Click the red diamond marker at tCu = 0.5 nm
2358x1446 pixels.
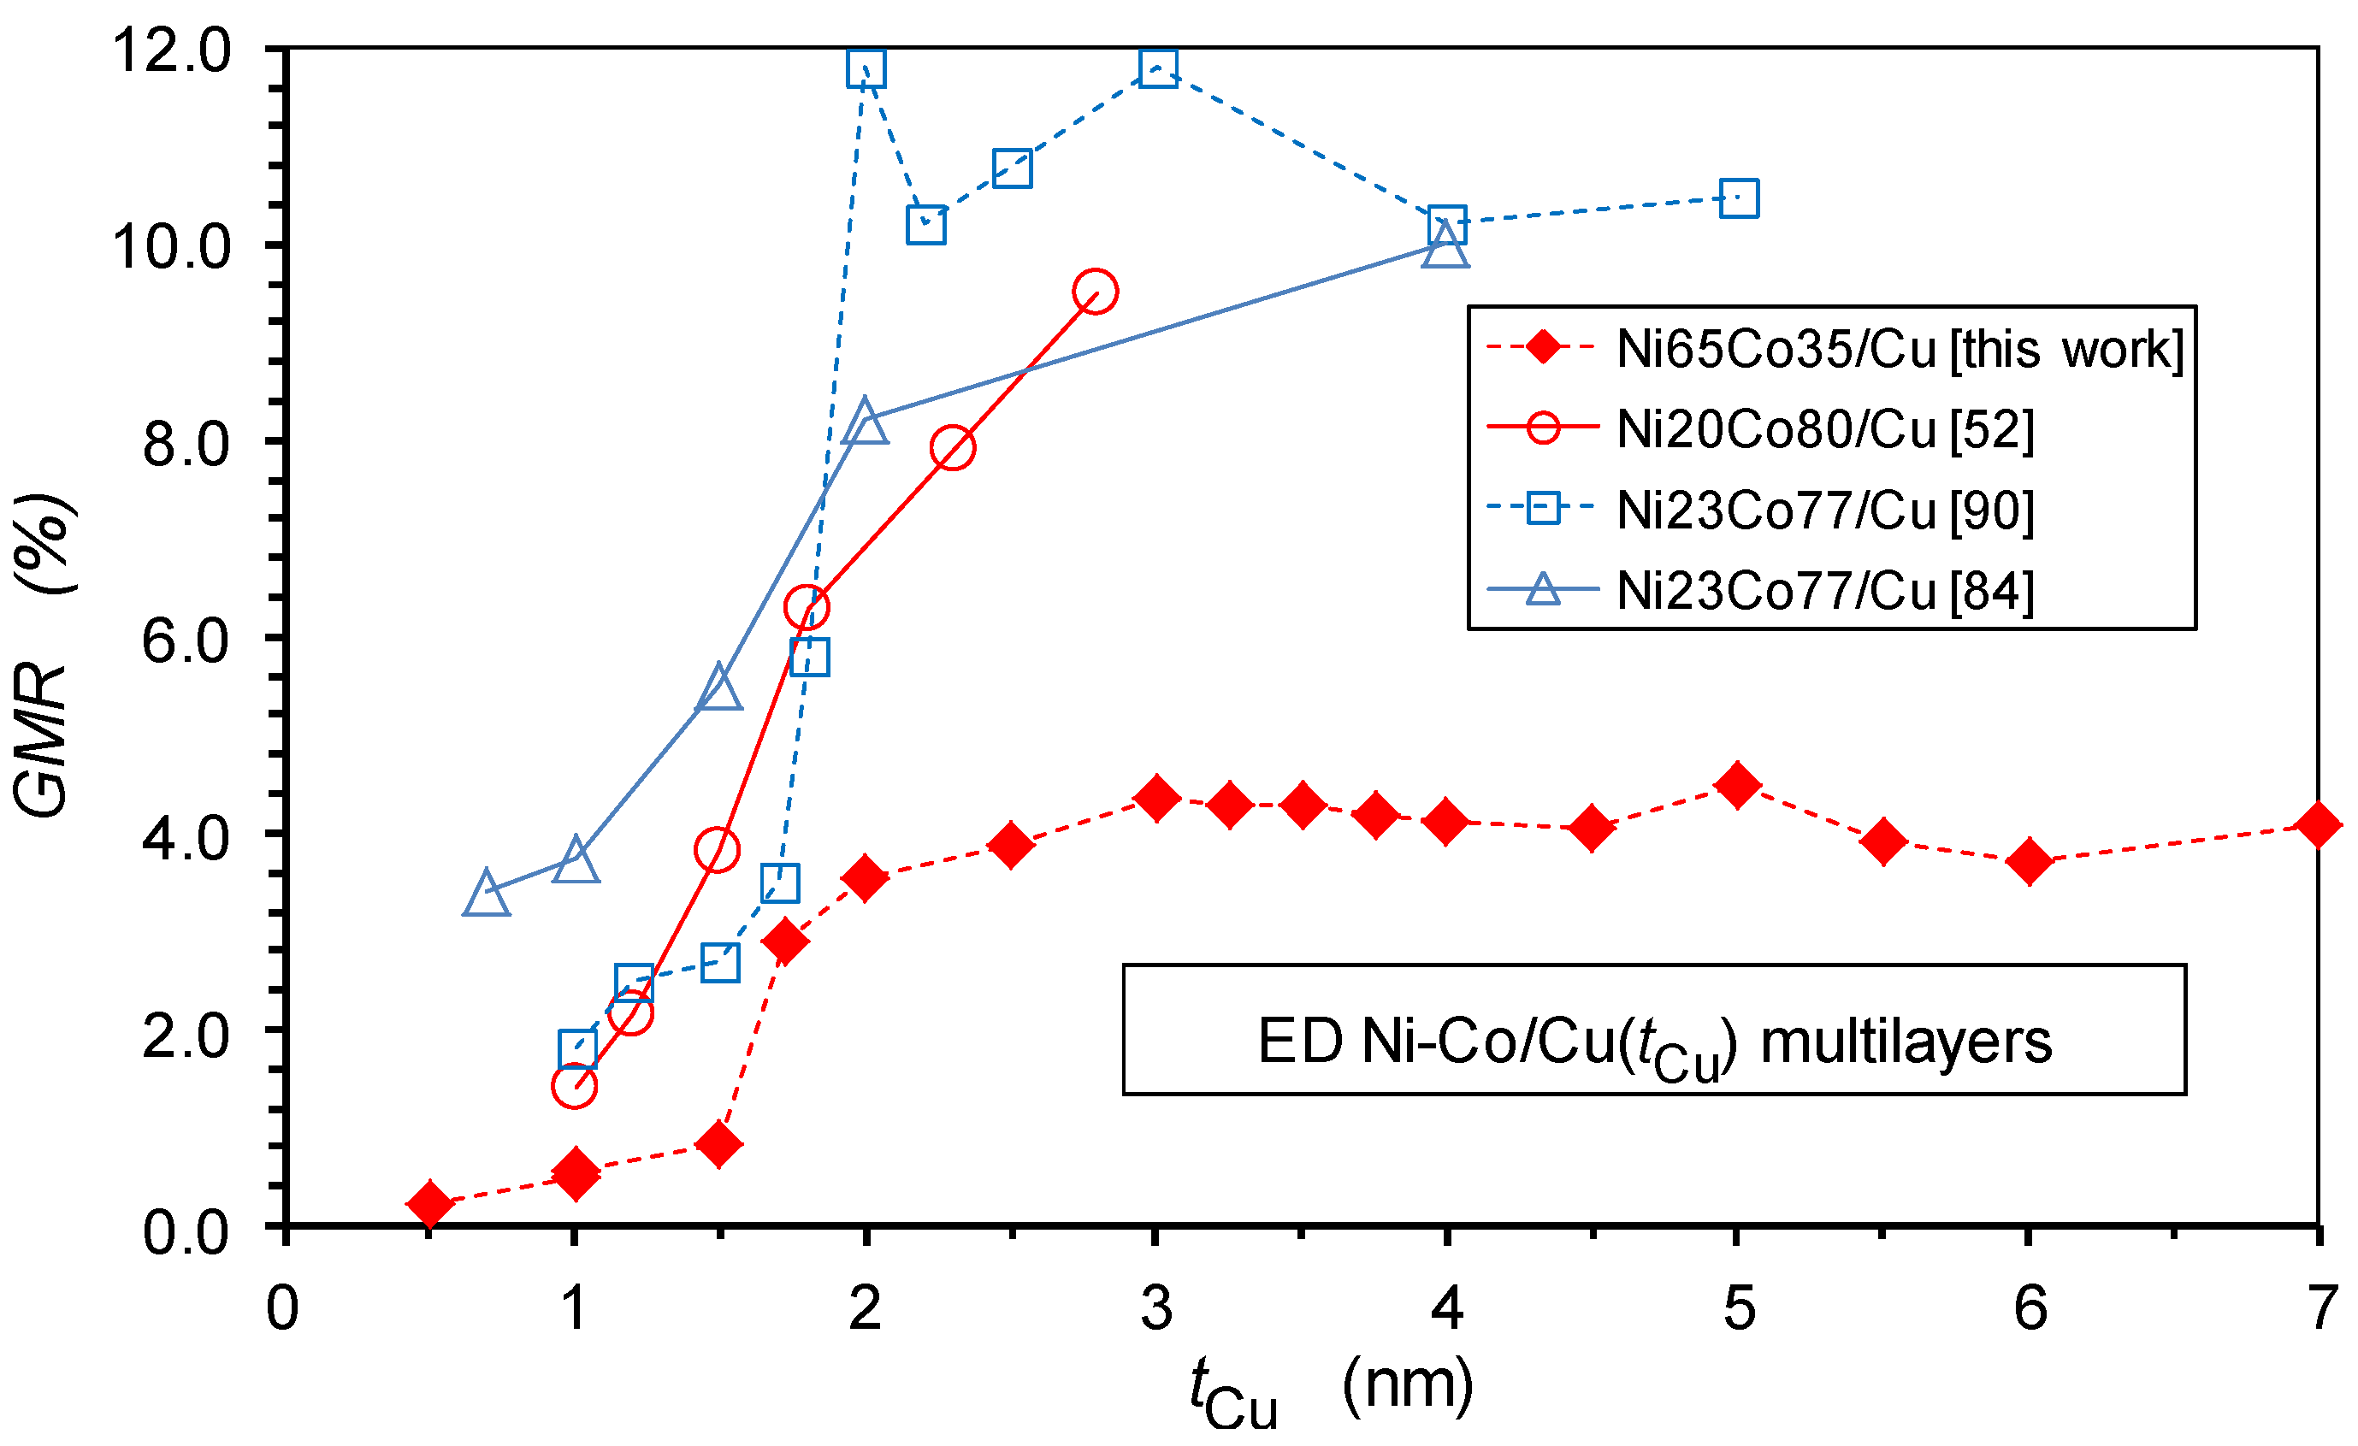(x=429, y=1203)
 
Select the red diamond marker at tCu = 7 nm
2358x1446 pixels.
(x=2317, y=824)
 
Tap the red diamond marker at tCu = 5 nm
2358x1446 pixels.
(x=1738, y=785)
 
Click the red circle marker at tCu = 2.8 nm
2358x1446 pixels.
(x=1095, y=291)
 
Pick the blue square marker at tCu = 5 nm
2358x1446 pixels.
(x=1739, y=199)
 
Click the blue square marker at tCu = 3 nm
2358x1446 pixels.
(x=1158, y=68)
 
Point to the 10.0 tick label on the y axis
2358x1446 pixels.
(x=172, y=246)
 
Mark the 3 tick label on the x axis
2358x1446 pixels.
(x=1156, y=1307)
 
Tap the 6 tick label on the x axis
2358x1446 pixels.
(x=2030, y=1307)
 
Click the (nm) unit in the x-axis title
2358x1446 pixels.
(x=1407, y=1384)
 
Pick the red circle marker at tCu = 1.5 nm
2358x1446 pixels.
(x=717, y=849)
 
